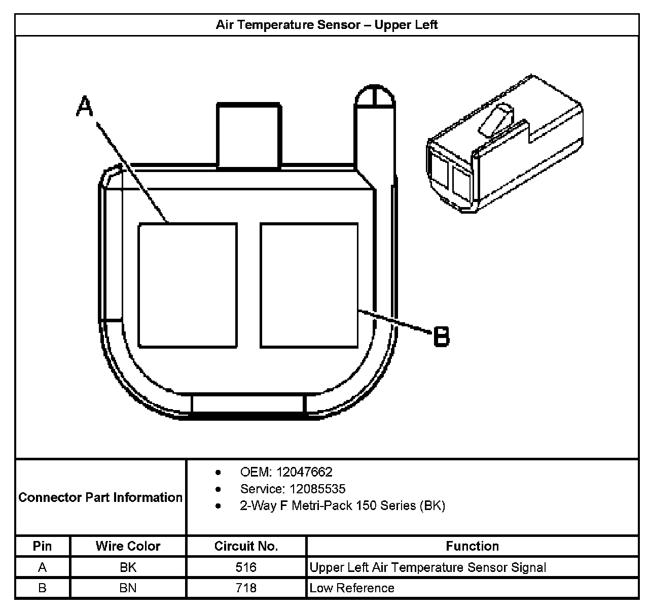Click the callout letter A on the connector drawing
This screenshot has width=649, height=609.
click(85, 107)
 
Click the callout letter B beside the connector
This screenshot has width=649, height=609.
click(442, 337)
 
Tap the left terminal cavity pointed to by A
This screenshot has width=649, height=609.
click(188, 285)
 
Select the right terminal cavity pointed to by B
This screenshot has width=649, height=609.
click(309, 285)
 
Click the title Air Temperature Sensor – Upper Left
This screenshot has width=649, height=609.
click(327, 25)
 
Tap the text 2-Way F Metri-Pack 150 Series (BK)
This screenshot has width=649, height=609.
click(342, 506)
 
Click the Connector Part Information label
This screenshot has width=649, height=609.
click(100, 497)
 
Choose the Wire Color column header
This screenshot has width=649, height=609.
click(128, 546)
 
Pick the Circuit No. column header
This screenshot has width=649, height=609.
click(246, 546)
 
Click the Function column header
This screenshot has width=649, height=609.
click(472, 546)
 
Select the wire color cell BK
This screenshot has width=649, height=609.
click(128, 567)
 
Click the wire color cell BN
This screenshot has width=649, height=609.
click(128, 588)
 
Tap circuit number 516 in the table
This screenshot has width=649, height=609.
click(246, 567)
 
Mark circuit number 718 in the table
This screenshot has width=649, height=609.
click(246, 588)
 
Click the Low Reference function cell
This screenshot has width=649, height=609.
click(352, 588)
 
